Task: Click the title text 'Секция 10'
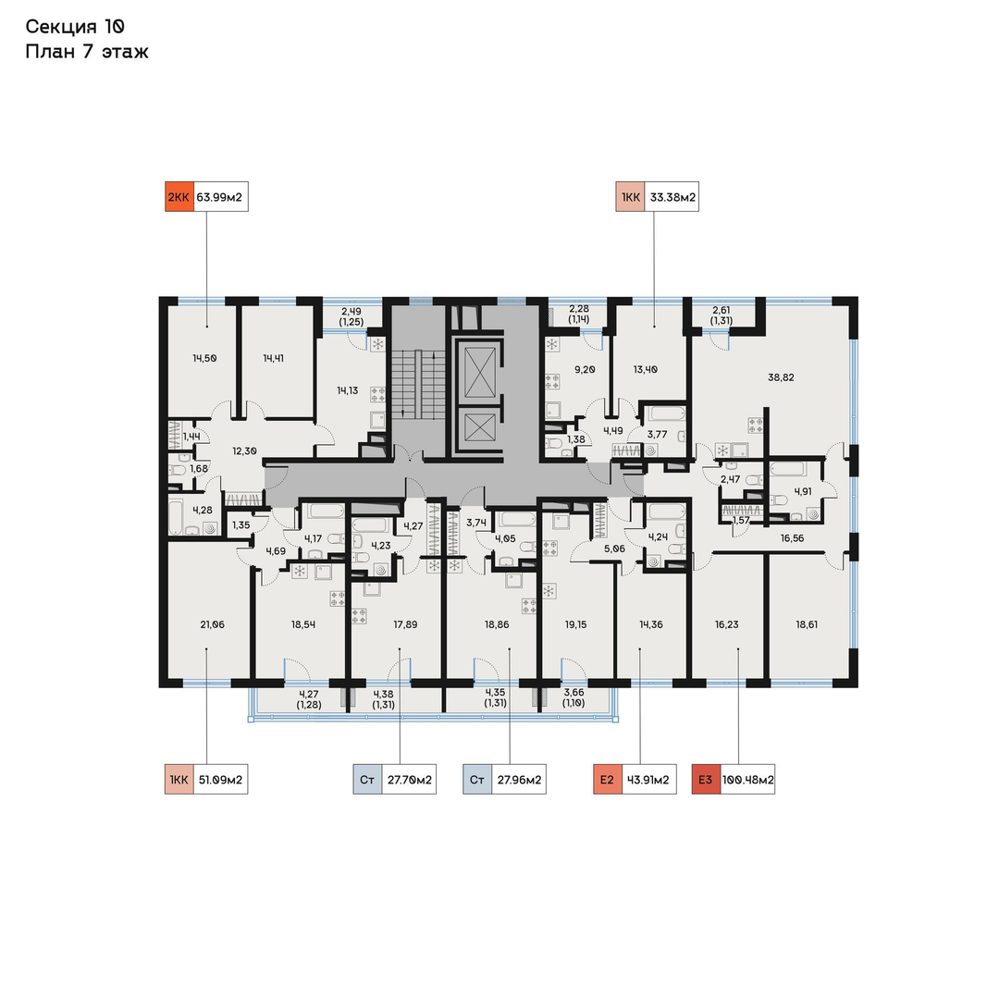click(75, 27)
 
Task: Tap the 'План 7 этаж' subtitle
click(87, 52)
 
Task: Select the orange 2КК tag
click(179, 197)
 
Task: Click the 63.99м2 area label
click(220, 197)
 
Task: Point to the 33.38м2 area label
click(672, 197)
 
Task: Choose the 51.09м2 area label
click(220, 780)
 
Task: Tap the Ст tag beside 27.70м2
click(367, 780)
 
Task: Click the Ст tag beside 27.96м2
click(477, 780)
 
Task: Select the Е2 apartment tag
click(607, 780)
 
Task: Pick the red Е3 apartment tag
click(706, 780)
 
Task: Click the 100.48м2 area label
click(748, 780)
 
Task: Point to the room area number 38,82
click(781, 377)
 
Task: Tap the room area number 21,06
click(212, 624)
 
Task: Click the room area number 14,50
click(204, 358)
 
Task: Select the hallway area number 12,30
click(244, 450)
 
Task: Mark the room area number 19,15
click(575, 624)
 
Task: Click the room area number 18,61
click(807, 624)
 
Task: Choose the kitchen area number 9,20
click(585, 369)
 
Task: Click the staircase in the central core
click(418, 384)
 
